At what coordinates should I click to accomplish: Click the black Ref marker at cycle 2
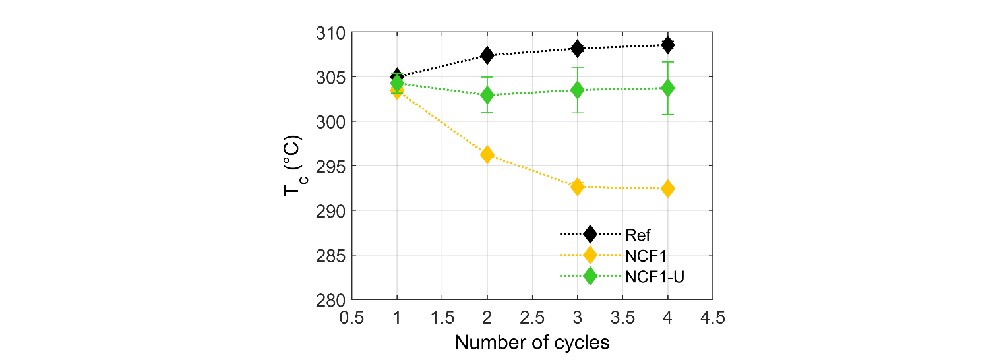487,55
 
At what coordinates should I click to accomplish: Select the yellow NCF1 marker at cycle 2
487,155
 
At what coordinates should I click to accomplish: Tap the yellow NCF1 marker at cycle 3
578,187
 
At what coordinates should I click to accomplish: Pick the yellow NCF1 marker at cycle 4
668,189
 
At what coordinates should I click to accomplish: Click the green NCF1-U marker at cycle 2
487,95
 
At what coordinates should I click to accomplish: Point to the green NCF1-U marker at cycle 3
578,90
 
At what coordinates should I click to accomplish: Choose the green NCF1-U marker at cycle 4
668,88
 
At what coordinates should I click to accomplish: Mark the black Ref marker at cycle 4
668,45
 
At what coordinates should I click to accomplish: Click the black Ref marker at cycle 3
578,48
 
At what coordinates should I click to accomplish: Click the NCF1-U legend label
655,277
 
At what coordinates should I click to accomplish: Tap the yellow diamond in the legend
590,255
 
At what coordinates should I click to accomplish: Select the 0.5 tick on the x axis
351,318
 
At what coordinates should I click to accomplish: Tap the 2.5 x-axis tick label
532,318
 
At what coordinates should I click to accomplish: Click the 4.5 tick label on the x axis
713,318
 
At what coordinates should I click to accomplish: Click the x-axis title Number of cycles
532,343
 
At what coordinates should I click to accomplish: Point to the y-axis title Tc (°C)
292,166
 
